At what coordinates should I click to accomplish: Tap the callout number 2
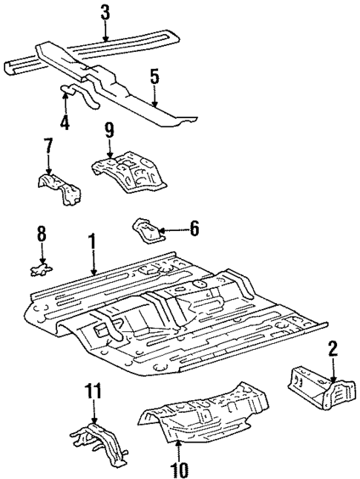tap(333, 348)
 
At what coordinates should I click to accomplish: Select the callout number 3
tap(105, 13)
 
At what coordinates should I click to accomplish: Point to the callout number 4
tap(65, 121)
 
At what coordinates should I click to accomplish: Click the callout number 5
tap(154, 76)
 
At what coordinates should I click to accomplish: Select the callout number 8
tap(42, 235)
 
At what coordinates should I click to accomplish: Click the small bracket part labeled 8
tap(42, 267)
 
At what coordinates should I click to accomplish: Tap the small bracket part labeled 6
tap(145, 229)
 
